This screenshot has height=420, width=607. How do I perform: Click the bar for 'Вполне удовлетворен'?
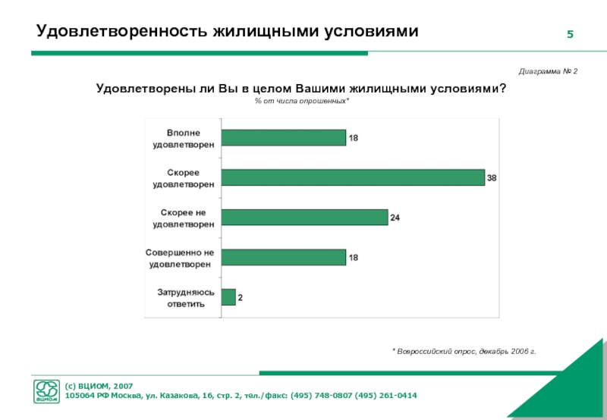point(283,137)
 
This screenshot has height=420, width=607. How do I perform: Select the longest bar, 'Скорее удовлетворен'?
point(353,177)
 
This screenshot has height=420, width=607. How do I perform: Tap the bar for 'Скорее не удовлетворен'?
point(304,218)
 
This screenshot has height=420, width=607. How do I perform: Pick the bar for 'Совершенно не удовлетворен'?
point(283,257)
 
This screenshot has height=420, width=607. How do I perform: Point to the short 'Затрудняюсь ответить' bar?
point(228,297)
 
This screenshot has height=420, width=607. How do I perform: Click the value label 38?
point(492,178)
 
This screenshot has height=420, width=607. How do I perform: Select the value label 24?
point(395,218)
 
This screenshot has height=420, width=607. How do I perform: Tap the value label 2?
point(241,298)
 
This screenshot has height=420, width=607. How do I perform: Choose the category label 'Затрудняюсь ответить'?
point(181,297)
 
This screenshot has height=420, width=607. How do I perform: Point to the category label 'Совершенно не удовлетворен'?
point(180,257)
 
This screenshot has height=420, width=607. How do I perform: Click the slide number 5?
point(570,35)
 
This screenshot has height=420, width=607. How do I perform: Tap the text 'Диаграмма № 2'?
point(548,71)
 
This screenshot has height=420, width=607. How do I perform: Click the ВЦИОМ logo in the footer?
point(47,390)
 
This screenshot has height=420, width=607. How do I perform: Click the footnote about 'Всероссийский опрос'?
point(464,352)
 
